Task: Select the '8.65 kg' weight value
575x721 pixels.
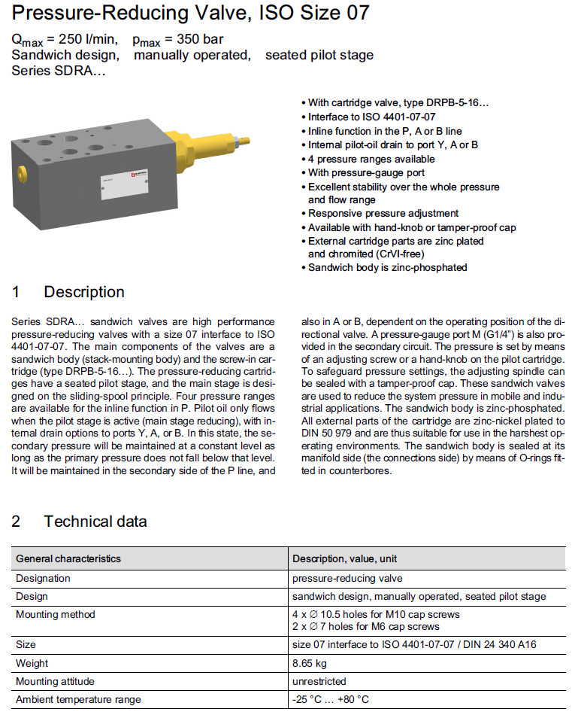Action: click(x=310, y=663)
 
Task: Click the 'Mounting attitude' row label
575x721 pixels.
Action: click(x=55, y=681)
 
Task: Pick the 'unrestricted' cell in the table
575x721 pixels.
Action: click(x=319, y=681)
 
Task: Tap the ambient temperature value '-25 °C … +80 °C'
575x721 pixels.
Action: click(x=331, y=699)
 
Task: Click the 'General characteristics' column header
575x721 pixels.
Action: click(x=68, y=558)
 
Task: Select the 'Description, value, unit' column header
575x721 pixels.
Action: click(x=345, y=558)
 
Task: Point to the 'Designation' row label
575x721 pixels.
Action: click(x=43, y=578)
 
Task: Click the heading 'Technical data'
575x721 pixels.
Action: click(x=95, y=522)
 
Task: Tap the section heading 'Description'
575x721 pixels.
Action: click(x=84, y=292)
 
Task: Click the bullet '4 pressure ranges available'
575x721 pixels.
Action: click(x=371, y=159)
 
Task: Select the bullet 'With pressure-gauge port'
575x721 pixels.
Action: click(x=366, y=172)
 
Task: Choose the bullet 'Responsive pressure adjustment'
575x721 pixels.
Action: click(x=383, y=213)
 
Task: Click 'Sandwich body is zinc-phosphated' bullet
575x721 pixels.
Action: click(x=387, y=267)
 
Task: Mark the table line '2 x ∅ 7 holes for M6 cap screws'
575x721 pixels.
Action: click(x=366, y=626)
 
